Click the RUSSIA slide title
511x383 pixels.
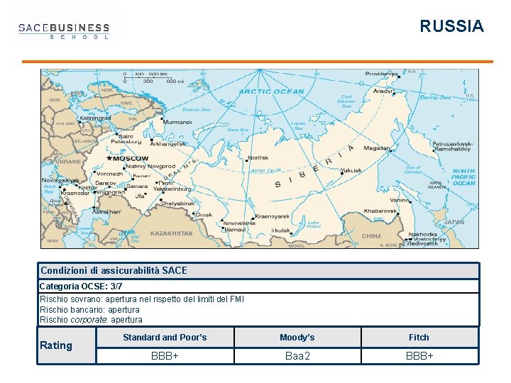coord(451,27)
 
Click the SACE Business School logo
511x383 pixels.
coord(64,31)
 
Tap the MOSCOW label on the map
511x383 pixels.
coord(129,158)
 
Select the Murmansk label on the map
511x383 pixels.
coord(177,122)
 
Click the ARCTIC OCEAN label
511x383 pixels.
coord(271,91)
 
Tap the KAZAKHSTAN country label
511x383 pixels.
coord(171,233)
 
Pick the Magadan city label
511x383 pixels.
coord(376,149)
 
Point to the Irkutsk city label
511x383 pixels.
coord(281,231)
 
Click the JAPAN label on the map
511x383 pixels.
coord(454,222)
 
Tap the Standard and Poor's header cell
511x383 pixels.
coord(165,338)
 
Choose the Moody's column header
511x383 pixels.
coord(297,338)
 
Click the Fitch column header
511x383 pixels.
coord(419,338)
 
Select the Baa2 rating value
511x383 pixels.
coord(297,355)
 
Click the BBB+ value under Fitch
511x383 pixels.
coord(419,355)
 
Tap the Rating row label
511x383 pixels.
coord(56,345)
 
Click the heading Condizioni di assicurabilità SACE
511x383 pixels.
coord(114,270)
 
